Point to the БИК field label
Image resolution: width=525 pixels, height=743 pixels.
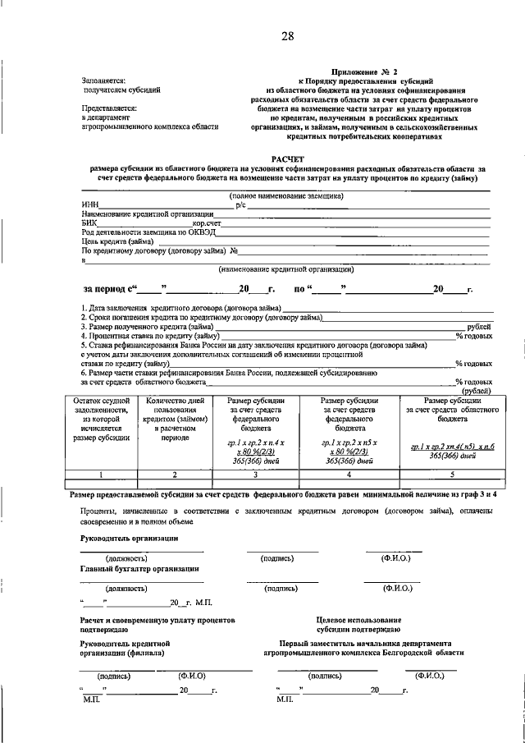89,222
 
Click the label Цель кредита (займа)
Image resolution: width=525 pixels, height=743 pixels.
116,241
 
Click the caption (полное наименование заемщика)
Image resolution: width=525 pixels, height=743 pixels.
286,195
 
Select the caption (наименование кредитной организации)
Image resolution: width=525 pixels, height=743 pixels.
285,268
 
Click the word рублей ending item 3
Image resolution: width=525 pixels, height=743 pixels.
478,327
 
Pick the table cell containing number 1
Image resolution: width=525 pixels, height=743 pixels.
101,475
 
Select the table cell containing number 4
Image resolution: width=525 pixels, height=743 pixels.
349,475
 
